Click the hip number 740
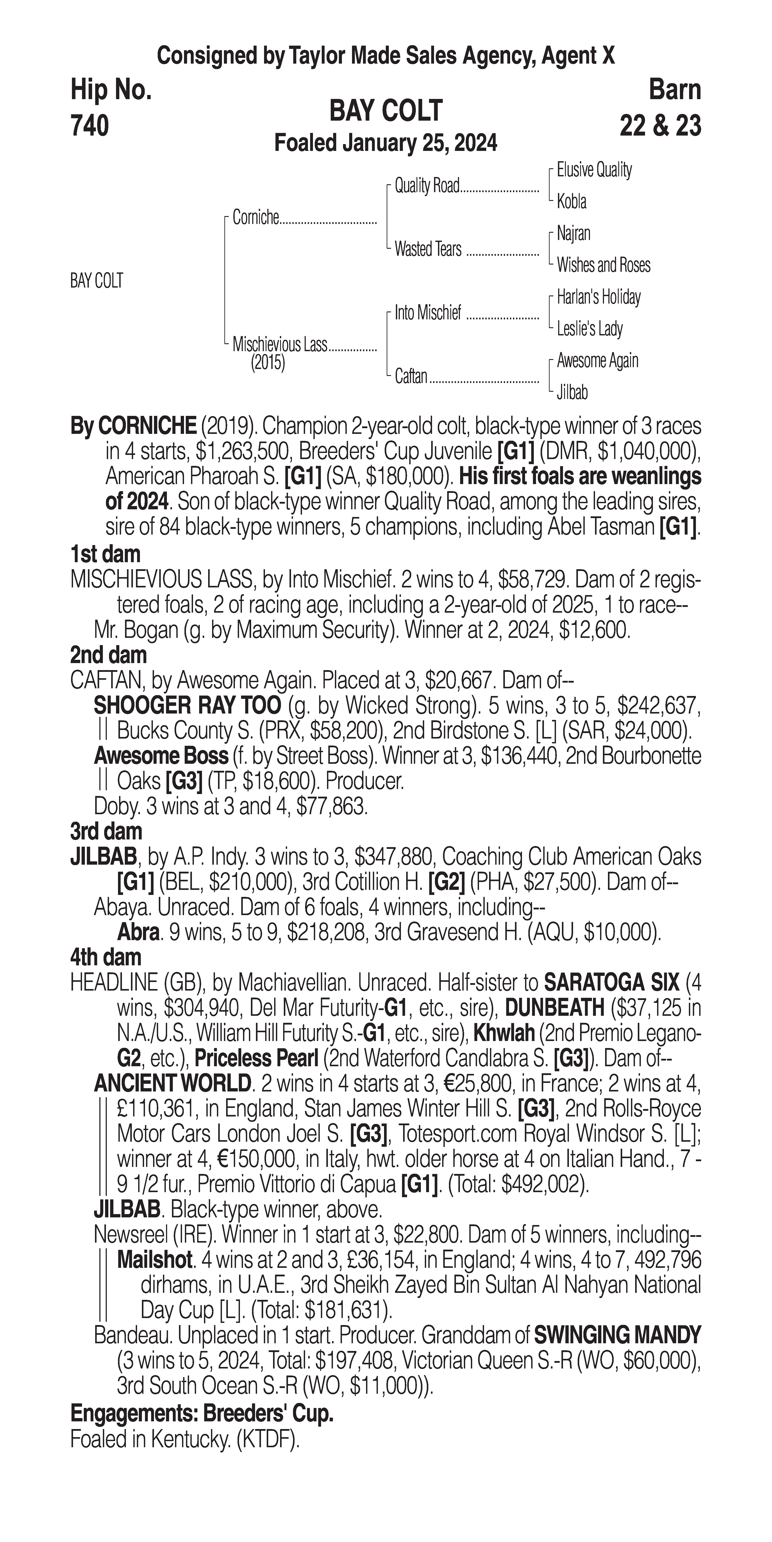(x=90, y=126)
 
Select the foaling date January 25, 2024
(x=419, y=144)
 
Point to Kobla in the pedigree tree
(x=572, y=202)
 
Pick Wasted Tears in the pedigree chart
(x=428, y=249)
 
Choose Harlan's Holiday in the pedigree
(x=599, y=297)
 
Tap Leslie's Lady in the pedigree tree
(x=590, y=329)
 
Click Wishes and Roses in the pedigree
(x=603, y=265)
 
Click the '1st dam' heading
(x=105, y=554)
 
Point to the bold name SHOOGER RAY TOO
(x=187, y=706)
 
